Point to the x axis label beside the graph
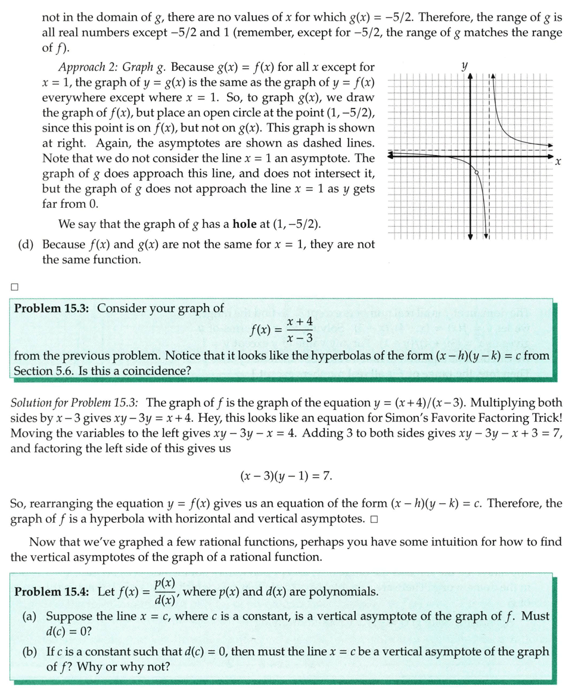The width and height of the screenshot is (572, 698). (x=558, y=161)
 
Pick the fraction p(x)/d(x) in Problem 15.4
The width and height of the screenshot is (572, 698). (x=164, y=592)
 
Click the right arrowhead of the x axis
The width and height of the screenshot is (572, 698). (x=550, y=155)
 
